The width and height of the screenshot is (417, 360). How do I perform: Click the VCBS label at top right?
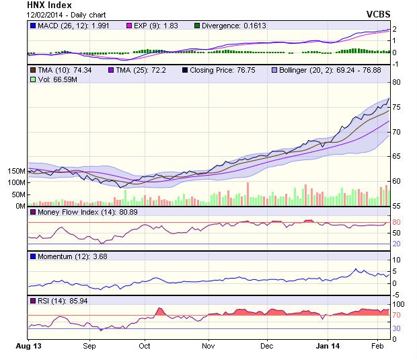point(378,14)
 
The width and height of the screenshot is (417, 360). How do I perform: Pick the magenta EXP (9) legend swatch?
point(131,26)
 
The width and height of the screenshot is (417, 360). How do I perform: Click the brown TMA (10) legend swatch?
point(32,69)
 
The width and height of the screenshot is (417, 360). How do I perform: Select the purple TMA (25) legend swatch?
point(111,69)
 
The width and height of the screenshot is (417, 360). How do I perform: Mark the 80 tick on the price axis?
point(397,82)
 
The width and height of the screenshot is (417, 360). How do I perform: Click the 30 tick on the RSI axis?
point(397,328)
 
